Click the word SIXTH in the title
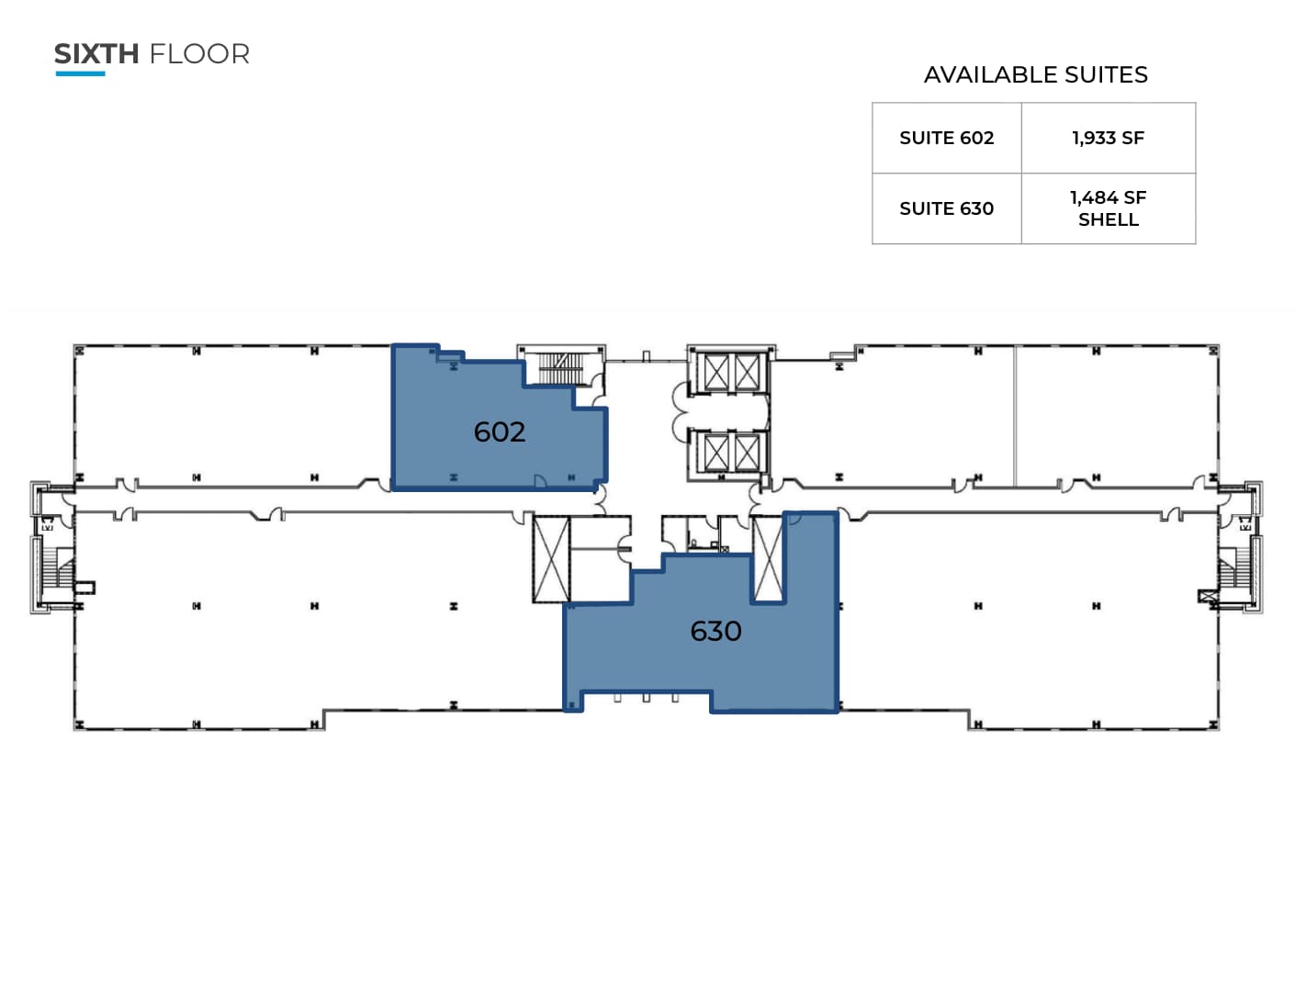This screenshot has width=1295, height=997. click(96, 54)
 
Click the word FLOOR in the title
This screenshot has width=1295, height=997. click(199, 54)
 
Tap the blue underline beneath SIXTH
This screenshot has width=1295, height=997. click(80, 73)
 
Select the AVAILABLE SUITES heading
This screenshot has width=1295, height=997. click(1035, 75)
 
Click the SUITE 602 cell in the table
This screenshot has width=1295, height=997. click(946, 138)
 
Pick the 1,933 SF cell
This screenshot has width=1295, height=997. click(1108, 138)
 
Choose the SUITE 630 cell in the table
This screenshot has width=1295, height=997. click(946, 208)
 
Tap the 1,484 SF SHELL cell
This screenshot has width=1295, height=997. click(1108, 208)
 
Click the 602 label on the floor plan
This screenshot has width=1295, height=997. click(500, 431)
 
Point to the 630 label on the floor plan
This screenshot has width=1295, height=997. click(715, 631)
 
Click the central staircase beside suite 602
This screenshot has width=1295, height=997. click(559, 367)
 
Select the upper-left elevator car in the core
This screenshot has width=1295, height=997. click(716, 372)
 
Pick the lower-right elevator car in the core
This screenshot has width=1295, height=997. click(748, 452)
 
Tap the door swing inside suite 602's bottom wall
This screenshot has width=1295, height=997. click(540, 481)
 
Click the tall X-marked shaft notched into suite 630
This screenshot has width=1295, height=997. click(768, 560)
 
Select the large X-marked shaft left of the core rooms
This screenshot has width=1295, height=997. click(551, 559)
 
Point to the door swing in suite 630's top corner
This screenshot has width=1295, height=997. click(794, 519)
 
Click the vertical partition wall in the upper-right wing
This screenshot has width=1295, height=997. click(1015, 416)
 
